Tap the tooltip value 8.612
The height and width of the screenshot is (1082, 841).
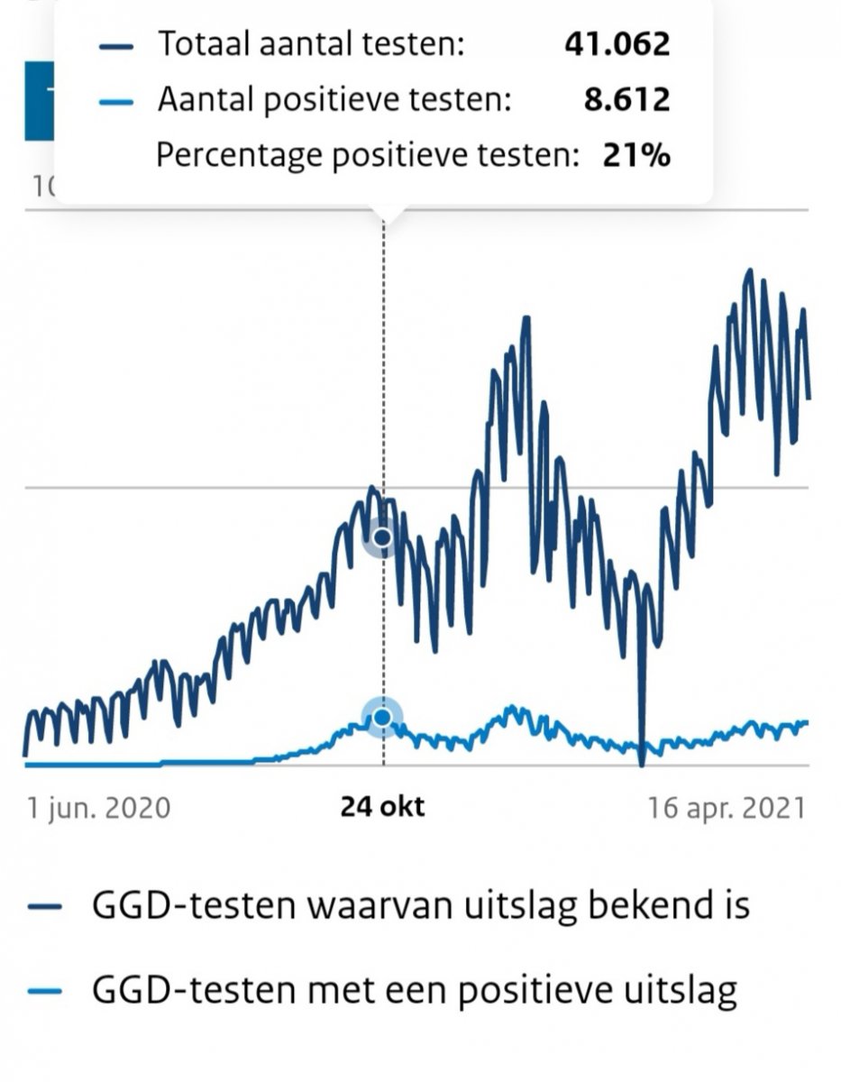(x=626, y=99)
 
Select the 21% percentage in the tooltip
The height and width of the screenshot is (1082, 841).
(x=636, y=155)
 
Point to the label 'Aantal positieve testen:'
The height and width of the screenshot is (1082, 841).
(x=334, y=99)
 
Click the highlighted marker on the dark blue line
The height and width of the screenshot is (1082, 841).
(x=382, y=538)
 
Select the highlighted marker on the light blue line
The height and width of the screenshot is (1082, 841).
(x=382, y=717)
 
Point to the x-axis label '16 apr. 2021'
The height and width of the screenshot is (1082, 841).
(x=726, y=807)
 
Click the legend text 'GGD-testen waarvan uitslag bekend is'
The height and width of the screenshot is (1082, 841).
(x=421, y=905)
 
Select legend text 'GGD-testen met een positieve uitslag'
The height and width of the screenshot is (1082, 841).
(x=415, y=991)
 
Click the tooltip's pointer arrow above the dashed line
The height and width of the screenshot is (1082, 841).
(x=385, y=214)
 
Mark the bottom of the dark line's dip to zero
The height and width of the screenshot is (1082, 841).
(x=642, y=762)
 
